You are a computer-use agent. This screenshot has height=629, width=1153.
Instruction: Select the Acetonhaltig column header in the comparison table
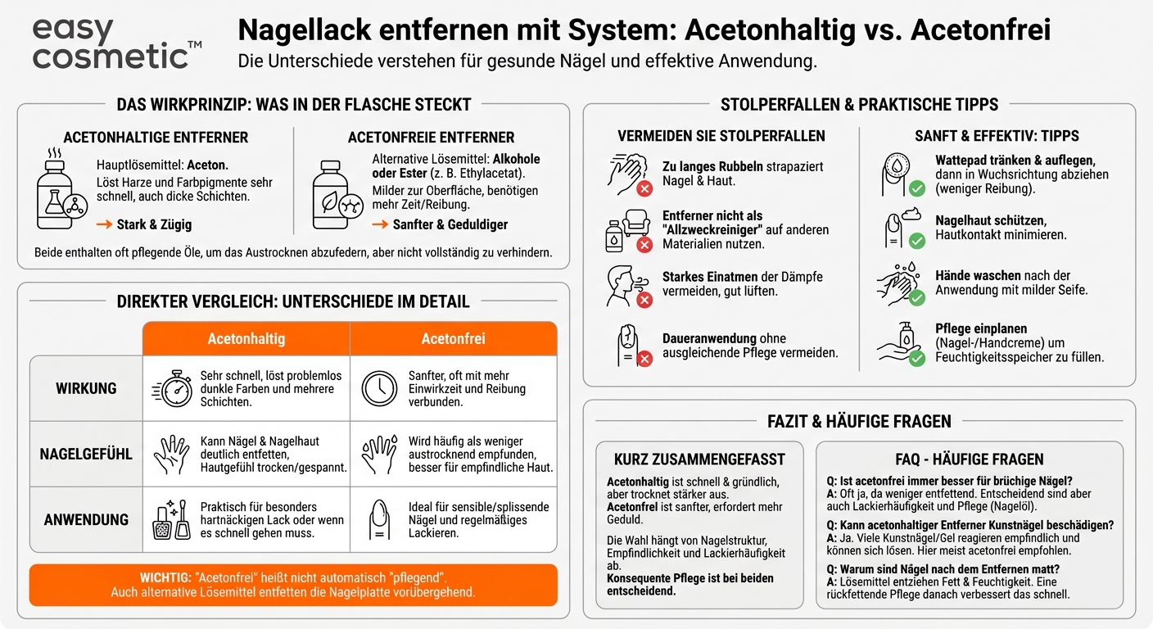pos(246,338)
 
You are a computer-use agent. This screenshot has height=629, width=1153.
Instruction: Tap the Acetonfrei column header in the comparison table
pos(453,338)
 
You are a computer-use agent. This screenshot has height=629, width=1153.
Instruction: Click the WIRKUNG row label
pos(86,388)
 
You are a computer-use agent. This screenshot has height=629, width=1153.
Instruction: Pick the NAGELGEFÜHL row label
pos(86,454)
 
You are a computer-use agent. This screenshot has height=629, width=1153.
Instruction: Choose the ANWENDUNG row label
pos(86,519)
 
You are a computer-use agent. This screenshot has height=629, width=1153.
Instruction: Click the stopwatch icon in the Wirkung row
pos(173,388)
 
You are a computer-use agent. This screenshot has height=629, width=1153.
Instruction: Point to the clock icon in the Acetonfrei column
pos(379,388)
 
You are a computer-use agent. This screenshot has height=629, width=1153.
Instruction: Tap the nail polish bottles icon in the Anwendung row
pos(172,520)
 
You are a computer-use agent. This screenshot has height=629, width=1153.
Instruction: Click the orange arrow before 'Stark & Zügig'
pos(104,224)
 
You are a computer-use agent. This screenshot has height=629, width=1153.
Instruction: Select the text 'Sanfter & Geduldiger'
pos(450,224)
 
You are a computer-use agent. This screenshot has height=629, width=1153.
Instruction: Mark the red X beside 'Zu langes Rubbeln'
pos(644,189)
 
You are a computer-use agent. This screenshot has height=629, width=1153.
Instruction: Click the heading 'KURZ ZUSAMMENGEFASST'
pos(699,459)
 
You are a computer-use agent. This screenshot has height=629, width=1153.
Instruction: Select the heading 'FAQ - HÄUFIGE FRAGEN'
pos(970,459)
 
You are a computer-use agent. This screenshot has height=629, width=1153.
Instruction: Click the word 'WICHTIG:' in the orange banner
pos(165,577)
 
